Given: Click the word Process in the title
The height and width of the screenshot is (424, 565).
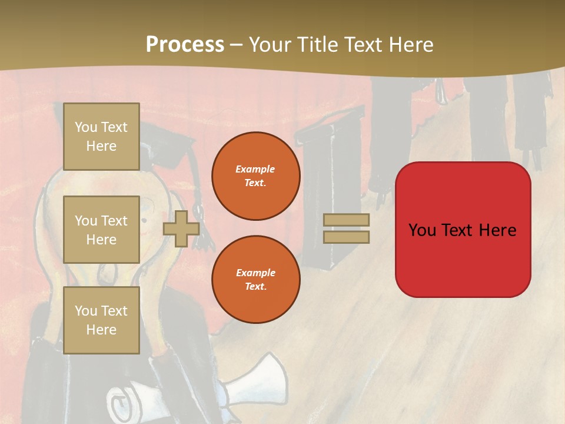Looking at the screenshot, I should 185,45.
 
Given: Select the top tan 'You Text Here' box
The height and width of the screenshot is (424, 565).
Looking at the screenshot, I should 101,137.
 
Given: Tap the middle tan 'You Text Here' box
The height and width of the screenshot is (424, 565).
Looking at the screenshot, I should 101,230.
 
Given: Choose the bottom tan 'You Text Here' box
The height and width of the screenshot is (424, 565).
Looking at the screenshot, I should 101,320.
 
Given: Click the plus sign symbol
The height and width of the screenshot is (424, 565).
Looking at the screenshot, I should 181,228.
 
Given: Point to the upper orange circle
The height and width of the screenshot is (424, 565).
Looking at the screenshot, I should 255,176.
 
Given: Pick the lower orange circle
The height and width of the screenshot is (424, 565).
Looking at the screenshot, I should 255,280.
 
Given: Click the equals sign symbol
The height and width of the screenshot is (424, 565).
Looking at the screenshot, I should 346,228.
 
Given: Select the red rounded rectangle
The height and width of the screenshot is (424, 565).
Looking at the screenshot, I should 463,230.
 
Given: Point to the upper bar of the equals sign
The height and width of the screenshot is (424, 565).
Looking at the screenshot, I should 346,220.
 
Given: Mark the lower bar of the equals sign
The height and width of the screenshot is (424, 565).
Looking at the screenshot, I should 346,237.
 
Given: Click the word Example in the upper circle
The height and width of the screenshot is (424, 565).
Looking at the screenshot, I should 255,169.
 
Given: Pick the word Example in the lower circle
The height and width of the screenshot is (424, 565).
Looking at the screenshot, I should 255,273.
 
